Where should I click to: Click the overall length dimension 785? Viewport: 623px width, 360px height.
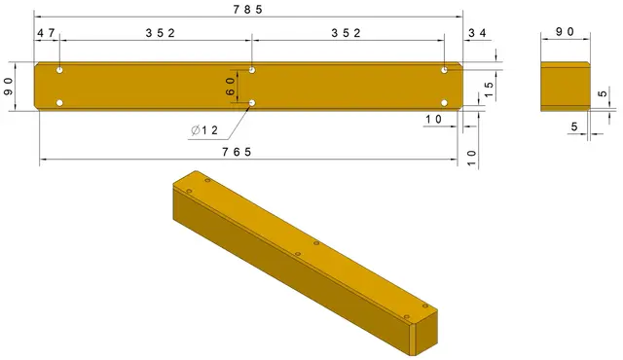point(248,10)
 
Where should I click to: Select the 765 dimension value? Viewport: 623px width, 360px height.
point(237,152)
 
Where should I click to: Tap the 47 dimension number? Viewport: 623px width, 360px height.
point(46,33)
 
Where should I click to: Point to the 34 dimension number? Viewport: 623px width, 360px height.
point(477,33)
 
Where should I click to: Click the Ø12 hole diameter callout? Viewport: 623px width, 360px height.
point(204,130)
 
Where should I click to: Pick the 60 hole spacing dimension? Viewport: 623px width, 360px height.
point(230,87)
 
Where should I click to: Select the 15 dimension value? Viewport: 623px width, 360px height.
point(489,90)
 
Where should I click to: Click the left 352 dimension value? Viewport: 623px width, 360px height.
point(160,33)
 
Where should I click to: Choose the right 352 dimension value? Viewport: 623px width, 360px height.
point(347,33)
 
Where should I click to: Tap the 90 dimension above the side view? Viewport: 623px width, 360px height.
point(565,32)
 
